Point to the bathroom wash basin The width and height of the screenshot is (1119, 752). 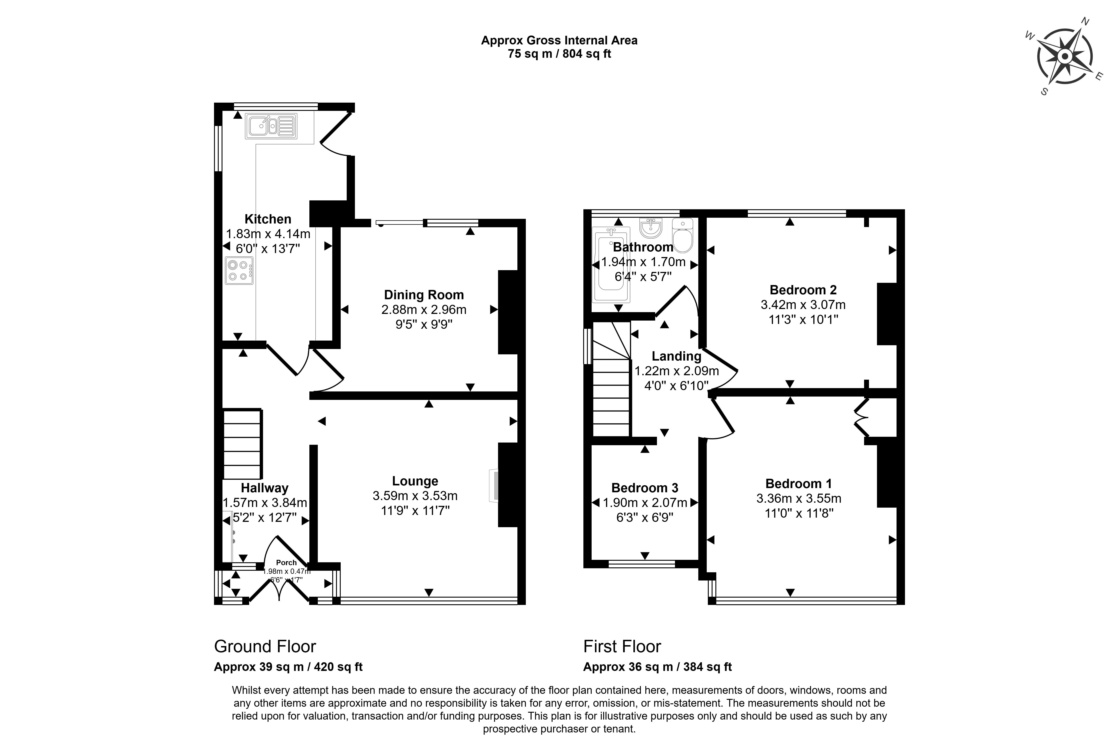[x=651, y=227]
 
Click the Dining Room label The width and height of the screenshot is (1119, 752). [x=424, y=295]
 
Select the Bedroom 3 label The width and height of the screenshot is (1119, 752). [x=645, y=488]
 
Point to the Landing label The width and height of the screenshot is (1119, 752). [x=676, y=356]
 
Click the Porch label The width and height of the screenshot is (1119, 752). [x=286, y=563]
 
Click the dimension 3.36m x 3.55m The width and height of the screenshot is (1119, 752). [x=799, y=499]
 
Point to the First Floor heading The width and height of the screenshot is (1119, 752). [x=622, y=646]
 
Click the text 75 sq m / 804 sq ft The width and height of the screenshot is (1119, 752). [x=559, y=54]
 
